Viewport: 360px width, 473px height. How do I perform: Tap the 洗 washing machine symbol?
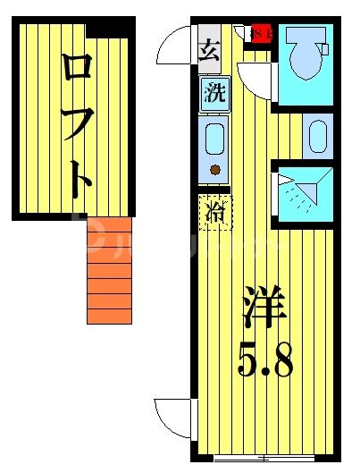(x=214, y=93)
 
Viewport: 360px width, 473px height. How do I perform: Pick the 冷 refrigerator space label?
(x=215, y=214)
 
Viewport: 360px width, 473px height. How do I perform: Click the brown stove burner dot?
(x=214, y=170)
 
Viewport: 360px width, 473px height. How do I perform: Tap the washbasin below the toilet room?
(x=318, y=137)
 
